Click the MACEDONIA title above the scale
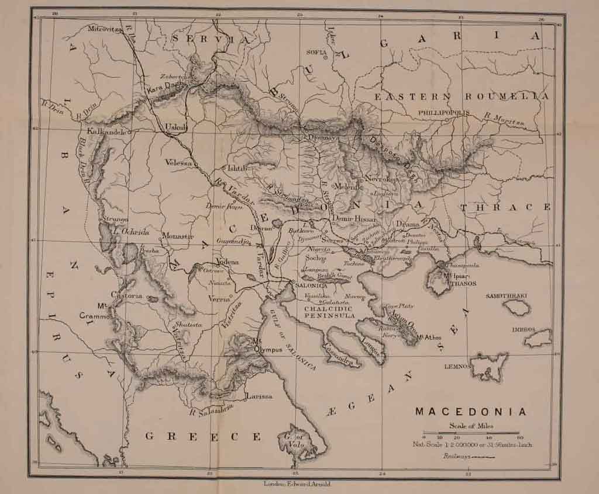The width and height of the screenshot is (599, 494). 470,412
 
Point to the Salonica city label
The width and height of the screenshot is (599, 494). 311,286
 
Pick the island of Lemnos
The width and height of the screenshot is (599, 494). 490,366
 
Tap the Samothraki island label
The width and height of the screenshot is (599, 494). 507,296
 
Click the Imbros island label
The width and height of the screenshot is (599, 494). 524,329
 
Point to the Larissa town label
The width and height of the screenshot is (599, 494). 260,396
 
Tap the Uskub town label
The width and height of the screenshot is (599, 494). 175,126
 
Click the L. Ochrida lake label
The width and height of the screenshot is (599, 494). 132,232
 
